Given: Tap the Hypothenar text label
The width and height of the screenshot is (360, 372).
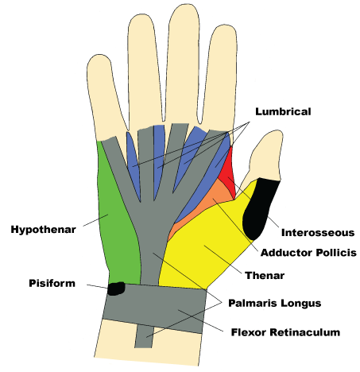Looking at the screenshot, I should tap(43, 230).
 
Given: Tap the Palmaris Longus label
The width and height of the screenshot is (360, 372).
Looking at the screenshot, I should tap(273, 303).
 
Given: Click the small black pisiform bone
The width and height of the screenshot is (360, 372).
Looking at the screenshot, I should tap(116, 288).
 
